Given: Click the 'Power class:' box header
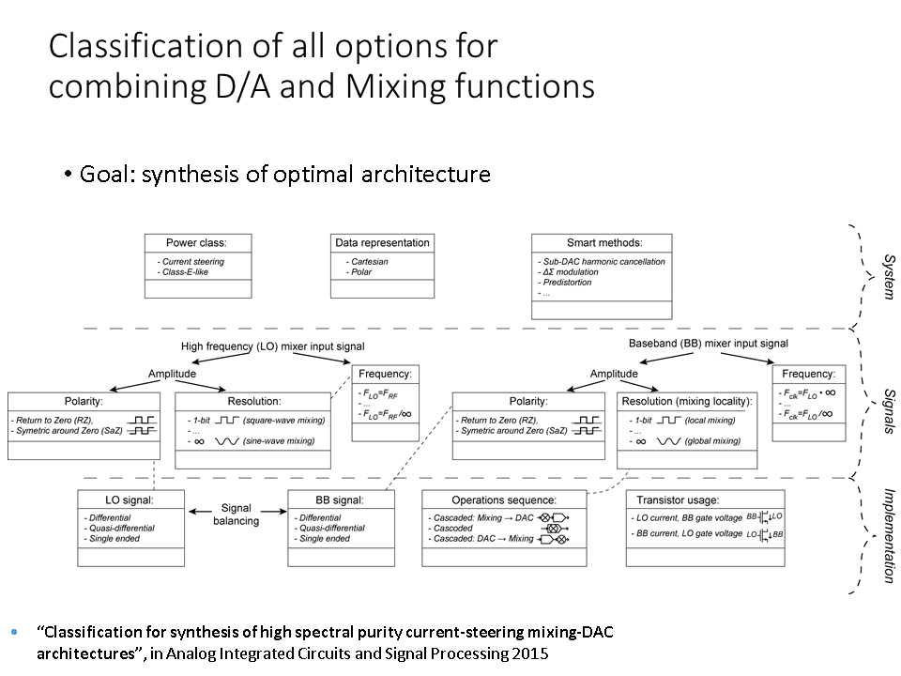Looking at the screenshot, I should [x=195, y=242].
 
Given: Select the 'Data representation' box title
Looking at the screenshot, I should [x=382, y=242].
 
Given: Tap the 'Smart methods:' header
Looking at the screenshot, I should [x=601, y=242].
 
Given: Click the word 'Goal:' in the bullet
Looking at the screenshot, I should [x=108, y=174].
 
